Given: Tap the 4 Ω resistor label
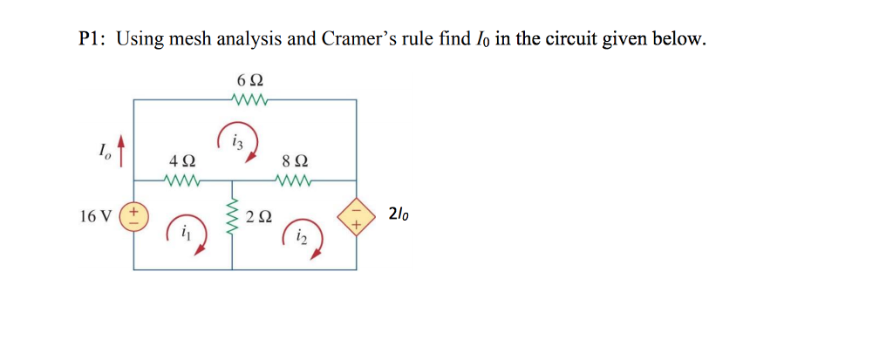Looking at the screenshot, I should click(182, 162).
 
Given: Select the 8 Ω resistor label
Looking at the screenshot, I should click(295, 162).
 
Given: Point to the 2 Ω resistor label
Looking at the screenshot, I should click(259, 216).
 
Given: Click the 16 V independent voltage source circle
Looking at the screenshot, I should click(134, 214).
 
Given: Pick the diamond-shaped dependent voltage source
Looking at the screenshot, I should click(357, 214).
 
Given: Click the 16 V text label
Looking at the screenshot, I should click(94, 215).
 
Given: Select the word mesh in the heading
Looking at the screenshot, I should click(179, 39).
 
